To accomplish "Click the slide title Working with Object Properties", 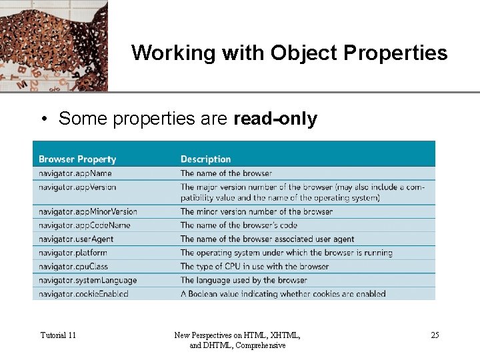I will pos(289,53).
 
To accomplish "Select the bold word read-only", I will pos(275,119).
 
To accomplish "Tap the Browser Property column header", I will pos(77,159).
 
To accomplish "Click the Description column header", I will pos(205,159).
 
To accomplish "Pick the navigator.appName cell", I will pos(75,173).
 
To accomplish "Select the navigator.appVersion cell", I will pos(77,187).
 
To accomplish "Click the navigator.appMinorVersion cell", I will pos(88,211).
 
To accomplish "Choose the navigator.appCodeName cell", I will pos(84,225).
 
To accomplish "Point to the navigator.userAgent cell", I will pos(76,239).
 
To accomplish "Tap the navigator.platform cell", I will pos(73,253).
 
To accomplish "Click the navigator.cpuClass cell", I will pos(73,267).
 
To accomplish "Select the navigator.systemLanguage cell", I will pos(87,281).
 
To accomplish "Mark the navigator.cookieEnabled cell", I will pos(83,294).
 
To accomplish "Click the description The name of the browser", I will pos(226,173).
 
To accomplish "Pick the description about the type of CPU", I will pos(255,267).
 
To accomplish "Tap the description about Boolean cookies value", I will pos(283,294).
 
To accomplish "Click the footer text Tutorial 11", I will pos(58,335).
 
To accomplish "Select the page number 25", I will pos(435,335).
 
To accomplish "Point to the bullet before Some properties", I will pos(42,120).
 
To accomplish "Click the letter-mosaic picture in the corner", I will pos(53,45).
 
